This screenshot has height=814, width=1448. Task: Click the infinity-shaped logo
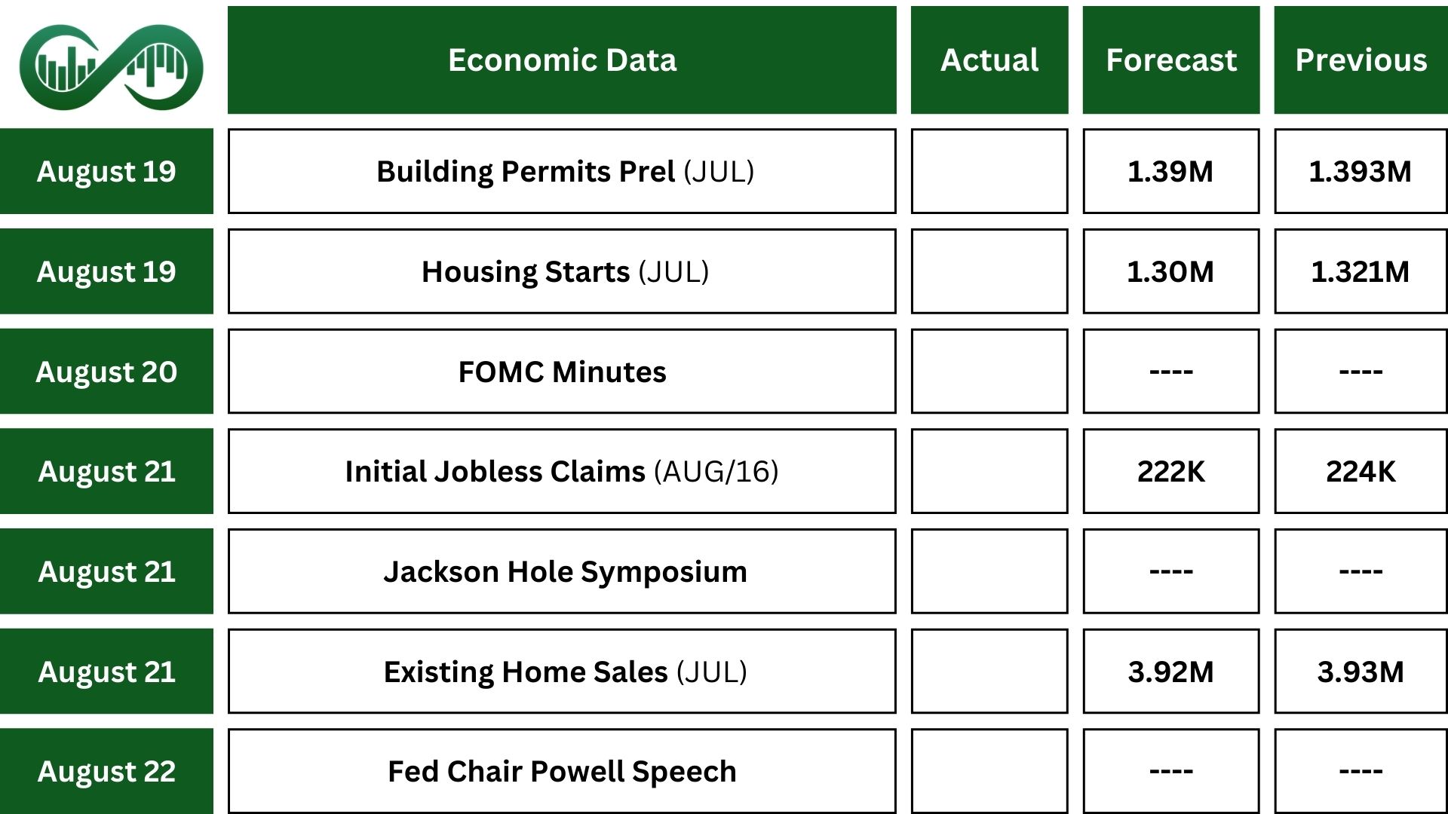(x=111, y=67)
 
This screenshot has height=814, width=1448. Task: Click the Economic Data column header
(x=562, y=60)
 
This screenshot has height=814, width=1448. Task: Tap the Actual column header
(x=989, y=60)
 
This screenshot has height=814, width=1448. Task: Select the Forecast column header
(x=1171, y=60)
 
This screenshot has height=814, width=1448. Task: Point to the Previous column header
(x=1361, y=60)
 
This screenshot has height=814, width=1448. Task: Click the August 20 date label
(x=106, y=372)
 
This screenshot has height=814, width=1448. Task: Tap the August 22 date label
(x=106, y=771)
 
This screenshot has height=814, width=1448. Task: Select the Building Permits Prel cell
(x=562, y=171)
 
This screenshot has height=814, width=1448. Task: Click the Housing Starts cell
(x=562, y=271)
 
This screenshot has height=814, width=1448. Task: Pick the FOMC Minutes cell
(x=562, y=372)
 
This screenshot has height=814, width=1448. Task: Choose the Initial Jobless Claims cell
(x=562, y=471)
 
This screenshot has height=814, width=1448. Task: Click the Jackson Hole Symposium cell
(x=562, y=571)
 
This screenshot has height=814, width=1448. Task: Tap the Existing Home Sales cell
(x=562, y=672)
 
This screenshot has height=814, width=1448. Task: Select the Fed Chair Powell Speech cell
(x=562, y=771)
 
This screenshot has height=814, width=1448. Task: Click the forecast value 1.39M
(x=1170, y=172)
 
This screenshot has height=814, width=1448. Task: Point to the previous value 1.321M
(x=1361, y=272)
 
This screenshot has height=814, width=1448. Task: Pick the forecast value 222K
(x=1171, y=472)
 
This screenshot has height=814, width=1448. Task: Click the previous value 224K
(x=1361, y=472)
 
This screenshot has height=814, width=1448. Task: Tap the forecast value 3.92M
(x=1171, y=672)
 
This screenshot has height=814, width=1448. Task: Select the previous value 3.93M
(x=1361, y=672)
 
